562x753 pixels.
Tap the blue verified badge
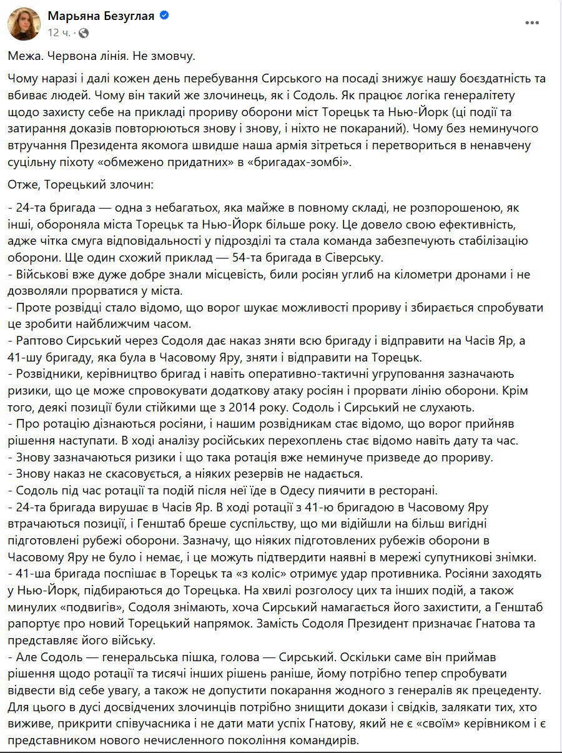click(x=164, y=16)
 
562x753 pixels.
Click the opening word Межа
click(x=24, y=56)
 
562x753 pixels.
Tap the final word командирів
click(x=324, y=741)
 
